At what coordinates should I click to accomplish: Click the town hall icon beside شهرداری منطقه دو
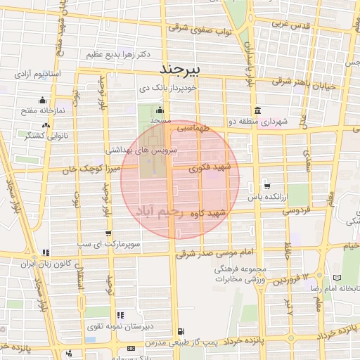coord(258,110)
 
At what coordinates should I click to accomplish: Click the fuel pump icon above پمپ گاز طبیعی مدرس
coord(181,331)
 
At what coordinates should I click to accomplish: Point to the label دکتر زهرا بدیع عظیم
coord(116,54)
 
